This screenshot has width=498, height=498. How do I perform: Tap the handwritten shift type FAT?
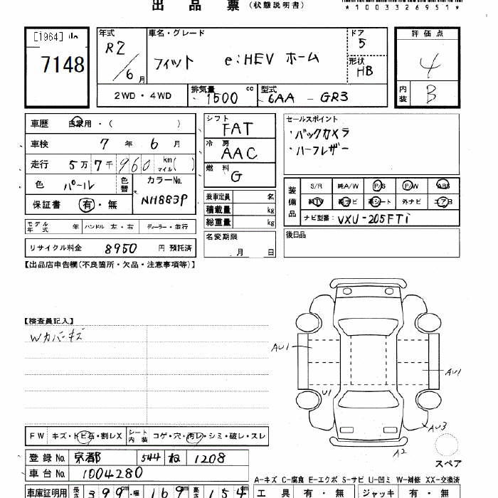point(237,129)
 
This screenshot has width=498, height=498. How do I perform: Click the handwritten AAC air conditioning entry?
point(238,152)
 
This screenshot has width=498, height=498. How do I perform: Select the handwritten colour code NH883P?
point(163,200)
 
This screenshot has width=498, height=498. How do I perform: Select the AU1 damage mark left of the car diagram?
point(281,347)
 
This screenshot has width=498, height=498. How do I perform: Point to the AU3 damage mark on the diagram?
point(437,427)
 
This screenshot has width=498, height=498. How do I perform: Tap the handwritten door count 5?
point(363,44)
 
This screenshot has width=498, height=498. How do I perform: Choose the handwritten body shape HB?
point(364,70)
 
